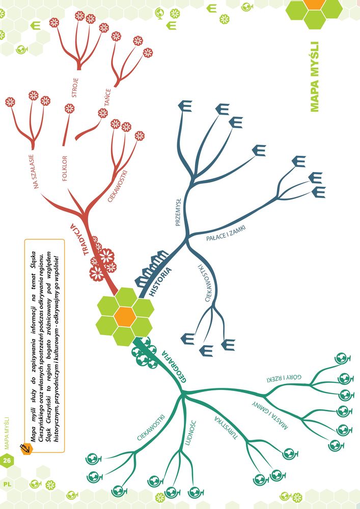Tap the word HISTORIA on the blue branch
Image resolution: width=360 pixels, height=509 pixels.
(x=160, y=281)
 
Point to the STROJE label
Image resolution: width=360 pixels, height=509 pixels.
(x=75, y=88)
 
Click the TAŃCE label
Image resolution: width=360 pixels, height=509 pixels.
(x=107, y=97)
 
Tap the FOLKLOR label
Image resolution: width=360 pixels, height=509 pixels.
(x=65, y=168)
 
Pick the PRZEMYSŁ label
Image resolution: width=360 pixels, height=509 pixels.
(x=178, y=212)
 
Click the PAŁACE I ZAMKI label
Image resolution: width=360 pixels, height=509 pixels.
(x=226, y=234)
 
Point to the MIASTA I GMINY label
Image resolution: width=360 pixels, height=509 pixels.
(x=270, y=415)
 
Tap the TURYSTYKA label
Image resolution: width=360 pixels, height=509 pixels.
(x=226, y=428)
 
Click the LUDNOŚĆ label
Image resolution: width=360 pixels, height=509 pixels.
(x=190, y=433)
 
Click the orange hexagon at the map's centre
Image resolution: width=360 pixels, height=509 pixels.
(x=125, y=317)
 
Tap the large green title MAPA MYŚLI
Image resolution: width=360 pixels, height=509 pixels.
(x=315, y=77)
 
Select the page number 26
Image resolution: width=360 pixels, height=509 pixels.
(x=7, y=460)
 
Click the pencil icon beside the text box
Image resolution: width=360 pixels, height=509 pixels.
(x=25, y=448)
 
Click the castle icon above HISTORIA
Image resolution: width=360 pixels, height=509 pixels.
(x=151, y=268)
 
